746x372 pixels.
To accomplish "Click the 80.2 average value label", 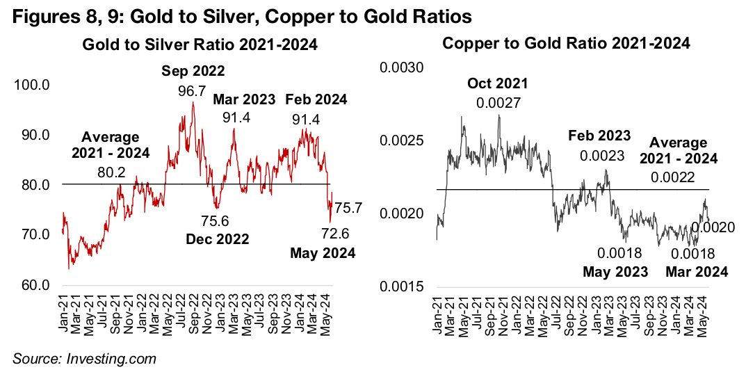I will pyautogui.click(x=111, y=172).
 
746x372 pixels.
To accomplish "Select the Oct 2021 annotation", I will pyautogui.click(x=497, y=83).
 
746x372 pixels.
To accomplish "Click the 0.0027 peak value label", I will pyautogui.click(x=497, y=103).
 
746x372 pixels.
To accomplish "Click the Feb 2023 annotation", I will pyautogui.click(x=599, y=135).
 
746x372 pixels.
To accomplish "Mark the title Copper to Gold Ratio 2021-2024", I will pyautogui.click(x=566, y=43).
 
